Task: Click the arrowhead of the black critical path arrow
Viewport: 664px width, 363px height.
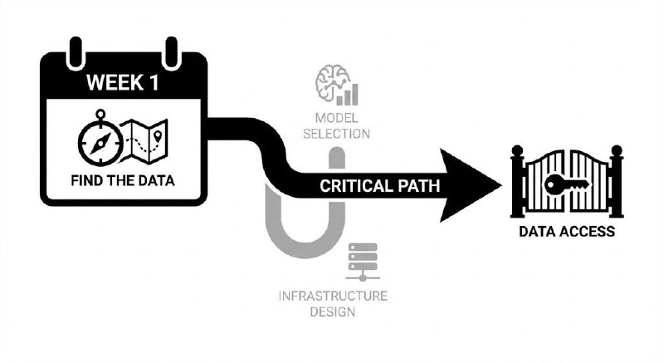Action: click(473, 185)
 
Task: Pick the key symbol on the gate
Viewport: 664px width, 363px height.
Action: click(562, 183)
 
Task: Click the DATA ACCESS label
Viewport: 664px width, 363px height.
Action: click(567, 233)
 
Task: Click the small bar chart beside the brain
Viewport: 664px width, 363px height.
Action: click(354, 93)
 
